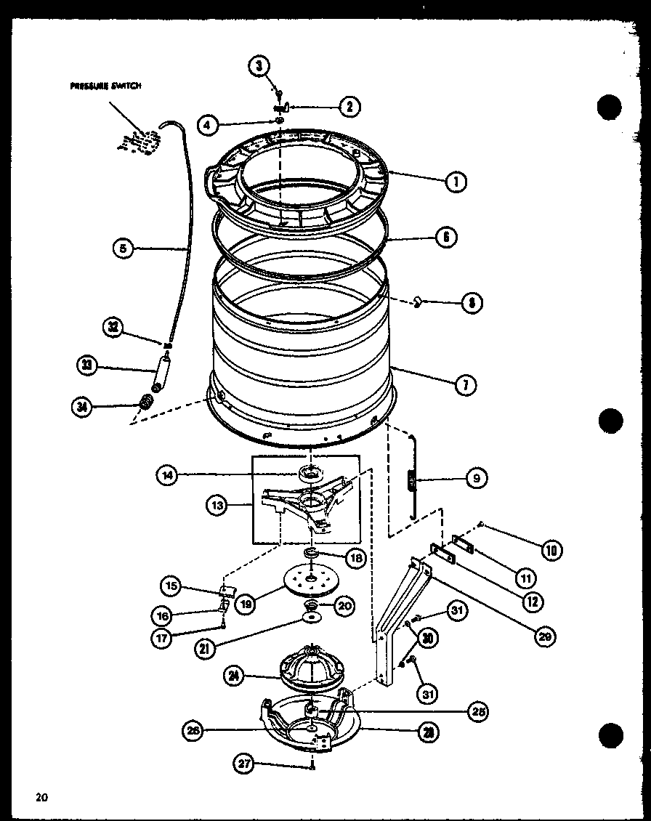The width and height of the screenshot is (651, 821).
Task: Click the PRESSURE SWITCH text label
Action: [105, 85]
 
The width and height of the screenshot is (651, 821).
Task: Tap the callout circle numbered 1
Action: [456, 182]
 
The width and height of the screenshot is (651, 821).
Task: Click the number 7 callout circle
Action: [466, 386]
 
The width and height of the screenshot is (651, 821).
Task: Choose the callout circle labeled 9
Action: [477, 478]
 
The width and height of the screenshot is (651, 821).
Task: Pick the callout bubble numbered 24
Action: [235, 676]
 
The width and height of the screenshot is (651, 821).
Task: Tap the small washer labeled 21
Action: [312, 618]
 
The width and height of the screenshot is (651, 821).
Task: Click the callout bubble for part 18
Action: [355, 558]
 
